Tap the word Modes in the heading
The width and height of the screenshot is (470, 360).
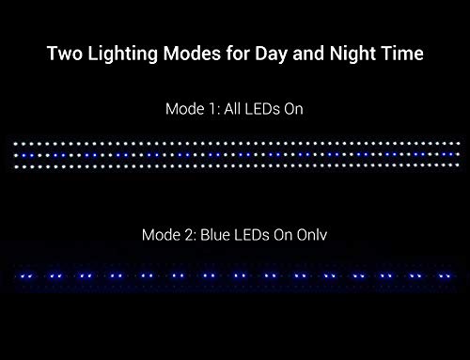click(x=189, y=55)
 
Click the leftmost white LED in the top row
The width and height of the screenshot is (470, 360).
click(x=18, y=144)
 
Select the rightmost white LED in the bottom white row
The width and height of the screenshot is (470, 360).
click(x=452, y=166)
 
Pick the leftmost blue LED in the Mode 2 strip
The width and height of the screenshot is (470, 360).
click(x=21, y=276)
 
